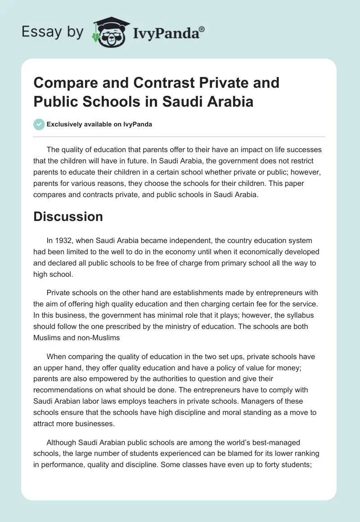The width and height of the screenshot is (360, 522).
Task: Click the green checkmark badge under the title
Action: [x=39, y=124]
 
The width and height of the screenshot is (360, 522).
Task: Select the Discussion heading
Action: [x=68, y=216]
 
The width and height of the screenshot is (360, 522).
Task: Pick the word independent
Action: [x=179, y=241]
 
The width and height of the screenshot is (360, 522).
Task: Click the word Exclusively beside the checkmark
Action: [x=64, y=124]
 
